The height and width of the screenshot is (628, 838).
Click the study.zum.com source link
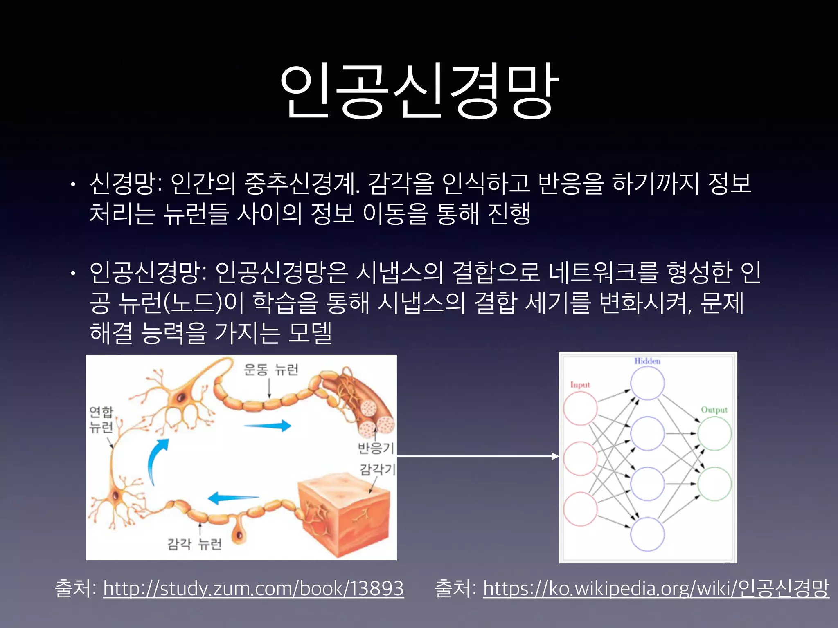[253, 589]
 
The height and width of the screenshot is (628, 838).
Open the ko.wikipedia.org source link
[656, 589]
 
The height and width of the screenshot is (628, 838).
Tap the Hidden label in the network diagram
[647, 361]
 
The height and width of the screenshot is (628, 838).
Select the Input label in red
[580, 385]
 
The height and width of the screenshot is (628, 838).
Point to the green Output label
[714, 410]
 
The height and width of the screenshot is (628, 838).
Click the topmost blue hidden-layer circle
[647, 383]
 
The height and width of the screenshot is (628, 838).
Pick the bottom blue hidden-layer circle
[647, 534]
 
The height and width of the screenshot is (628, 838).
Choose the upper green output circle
[714, 434]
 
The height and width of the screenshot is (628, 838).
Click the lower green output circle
[714, 484]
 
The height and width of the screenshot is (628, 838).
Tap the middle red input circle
[580, 458]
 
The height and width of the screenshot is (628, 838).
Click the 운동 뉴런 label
[271, 370]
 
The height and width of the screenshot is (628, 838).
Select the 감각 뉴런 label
[195, 544]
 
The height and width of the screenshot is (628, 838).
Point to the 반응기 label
[376, 448]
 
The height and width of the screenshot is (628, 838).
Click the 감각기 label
[377, 469]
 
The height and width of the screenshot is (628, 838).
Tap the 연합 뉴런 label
[101, 419]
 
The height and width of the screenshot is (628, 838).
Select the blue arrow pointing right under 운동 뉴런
[268, 426]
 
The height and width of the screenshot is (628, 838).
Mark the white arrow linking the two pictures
[477, 456]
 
